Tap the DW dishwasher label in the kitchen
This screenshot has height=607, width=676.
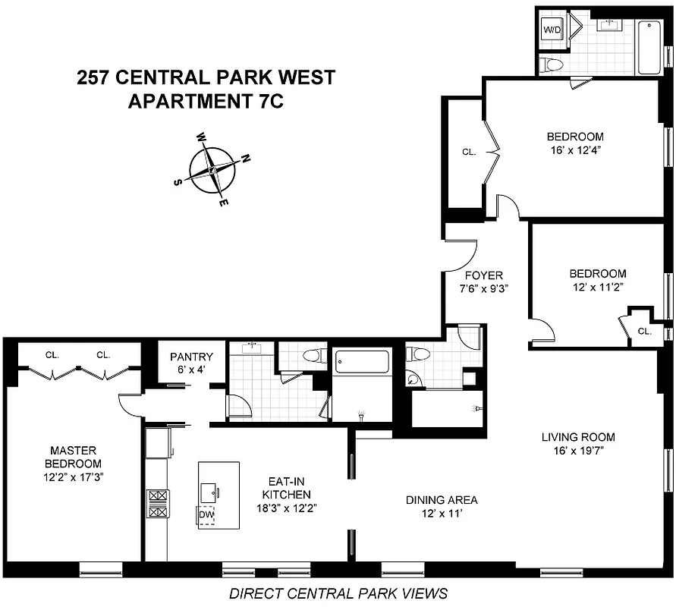206,515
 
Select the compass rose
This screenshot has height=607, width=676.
212,170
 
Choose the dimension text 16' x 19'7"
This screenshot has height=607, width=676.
578,450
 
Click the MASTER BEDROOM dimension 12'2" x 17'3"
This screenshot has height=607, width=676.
72,477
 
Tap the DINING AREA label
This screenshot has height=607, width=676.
442,500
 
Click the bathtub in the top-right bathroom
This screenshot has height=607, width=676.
649,47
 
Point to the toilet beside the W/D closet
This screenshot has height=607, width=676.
552,64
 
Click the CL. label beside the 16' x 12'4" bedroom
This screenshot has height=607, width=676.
469,153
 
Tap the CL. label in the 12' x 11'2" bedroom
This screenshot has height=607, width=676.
644,331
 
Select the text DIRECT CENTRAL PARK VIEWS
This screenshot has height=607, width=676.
338,593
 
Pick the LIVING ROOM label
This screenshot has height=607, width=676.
578,437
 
